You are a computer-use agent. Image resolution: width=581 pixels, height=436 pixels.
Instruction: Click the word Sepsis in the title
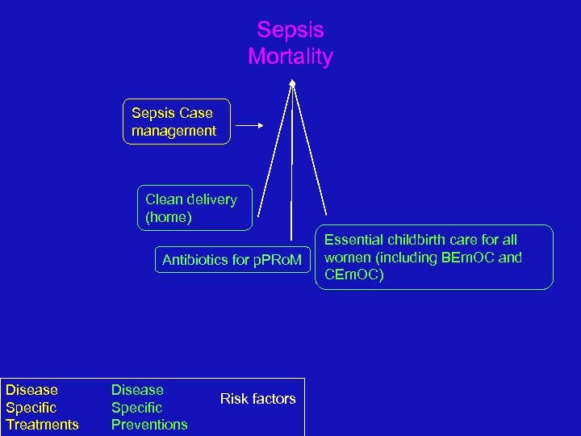[x=290, y=30]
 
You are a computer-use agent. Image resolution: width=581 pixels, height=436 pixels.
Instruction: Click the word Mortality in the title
[x=290, y=57]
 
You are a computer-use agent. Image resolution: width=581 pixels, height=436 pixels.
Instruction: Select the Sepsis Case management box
[x=176, y=122]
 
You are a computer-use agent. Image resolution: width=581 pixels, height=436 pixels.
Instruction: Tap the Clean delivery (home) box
[x=194, y=208]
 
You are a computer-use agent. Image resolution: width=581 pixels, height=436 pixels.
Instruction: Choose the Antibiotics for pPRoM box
[x=232, y=260]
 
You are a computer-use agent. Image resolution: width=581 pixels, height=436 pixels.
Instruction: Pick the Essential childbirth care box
[x=433, y=257]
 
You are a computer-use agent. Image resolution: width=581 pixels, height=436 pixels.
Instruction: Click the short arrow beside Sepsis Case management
[x=249, y=125]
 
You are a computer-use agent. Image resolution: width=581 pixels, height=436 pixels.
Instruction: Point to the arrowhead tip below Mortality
[x=293, y=82]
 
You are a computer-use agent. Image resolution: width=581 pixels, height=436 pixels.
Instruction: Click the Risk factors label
[x=257, y=398]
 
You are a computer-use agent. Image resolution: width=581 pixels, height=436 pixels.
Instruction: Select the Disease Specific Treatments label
[x=42, y=407]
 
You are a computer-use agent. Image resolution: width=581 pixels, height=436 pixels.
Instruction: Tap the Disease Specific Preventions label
[x=149, y=407]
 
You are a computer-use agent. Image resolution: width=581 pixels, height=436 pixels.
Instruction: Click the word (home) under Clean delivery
[x=169, y=216]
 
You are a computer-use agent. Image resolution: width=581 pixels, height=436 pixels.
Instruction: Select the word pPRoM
[x=276, y=260]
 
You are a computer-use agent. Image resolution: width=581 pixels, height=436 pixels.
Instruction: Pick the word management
[x=174, y=131]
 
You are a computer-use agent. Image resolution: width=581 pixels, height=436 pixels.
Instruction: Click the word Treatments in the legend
[x=42, y=425]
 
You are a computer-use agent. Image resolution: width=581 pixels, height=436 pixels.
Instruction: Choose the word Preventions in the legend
[x=149, y=425]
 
